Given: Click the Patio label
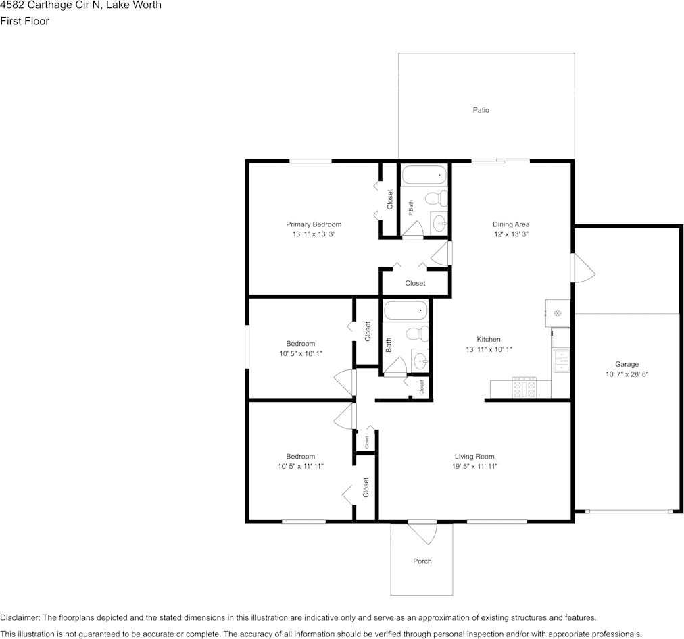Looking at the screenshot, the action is (481, 110).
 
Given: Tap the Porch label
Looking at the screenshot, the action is (422, 561).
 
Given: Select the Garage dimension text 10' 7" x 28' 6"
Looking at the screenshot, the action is (627, 374).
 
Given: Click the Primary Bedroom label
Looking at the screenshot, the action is (314, 224).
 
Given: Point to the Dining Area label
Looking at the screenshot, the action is (511, 224).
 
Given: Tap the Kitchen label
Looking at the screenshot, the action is (489, 339).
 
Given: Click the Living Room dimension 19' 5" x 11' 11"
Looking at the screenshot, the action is (474, 466).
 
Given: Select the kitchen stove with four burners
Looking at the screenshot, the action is (524, 387).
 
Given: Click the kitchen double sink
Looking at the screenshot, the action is (561, 361).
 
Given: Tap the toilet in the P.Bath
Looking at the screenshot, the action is (437, 199).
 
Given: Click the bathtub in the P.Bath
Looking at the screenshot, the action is (424, 175).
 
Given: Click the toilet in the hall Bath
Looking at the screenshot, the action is (418, 334).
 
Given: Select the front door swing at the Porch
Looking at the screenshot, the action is (422, 533).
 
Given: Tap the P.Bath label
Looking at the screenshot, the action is (410, 208).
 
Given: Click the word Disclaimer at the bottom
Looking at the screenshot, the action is (20, 617).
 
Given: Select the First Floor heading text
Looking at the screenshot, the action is (24, 21).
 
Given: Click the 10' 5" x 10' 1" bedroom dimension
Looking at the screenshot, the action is (301, 353).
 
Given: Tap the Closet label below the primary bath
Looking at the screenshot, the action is (415, 283).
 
